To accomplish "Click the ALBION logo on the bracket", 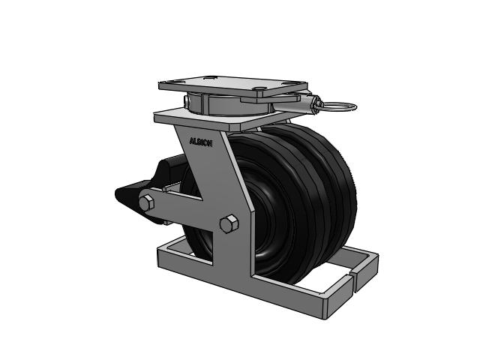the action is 201,142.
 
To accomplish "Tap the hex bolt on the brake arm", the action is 147,202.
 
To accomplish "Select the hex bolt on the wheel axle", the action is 229,224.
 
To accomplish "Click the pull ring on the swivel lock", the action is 338,106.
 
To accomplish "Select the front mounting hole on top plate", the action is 260,88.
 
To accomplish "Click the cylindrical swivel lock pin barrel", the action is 306,102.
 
